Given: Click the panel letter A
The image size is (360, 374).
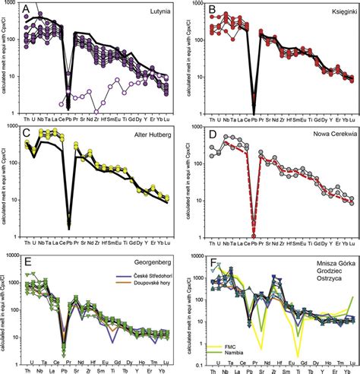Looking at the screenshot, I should (x=27, y=11).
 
